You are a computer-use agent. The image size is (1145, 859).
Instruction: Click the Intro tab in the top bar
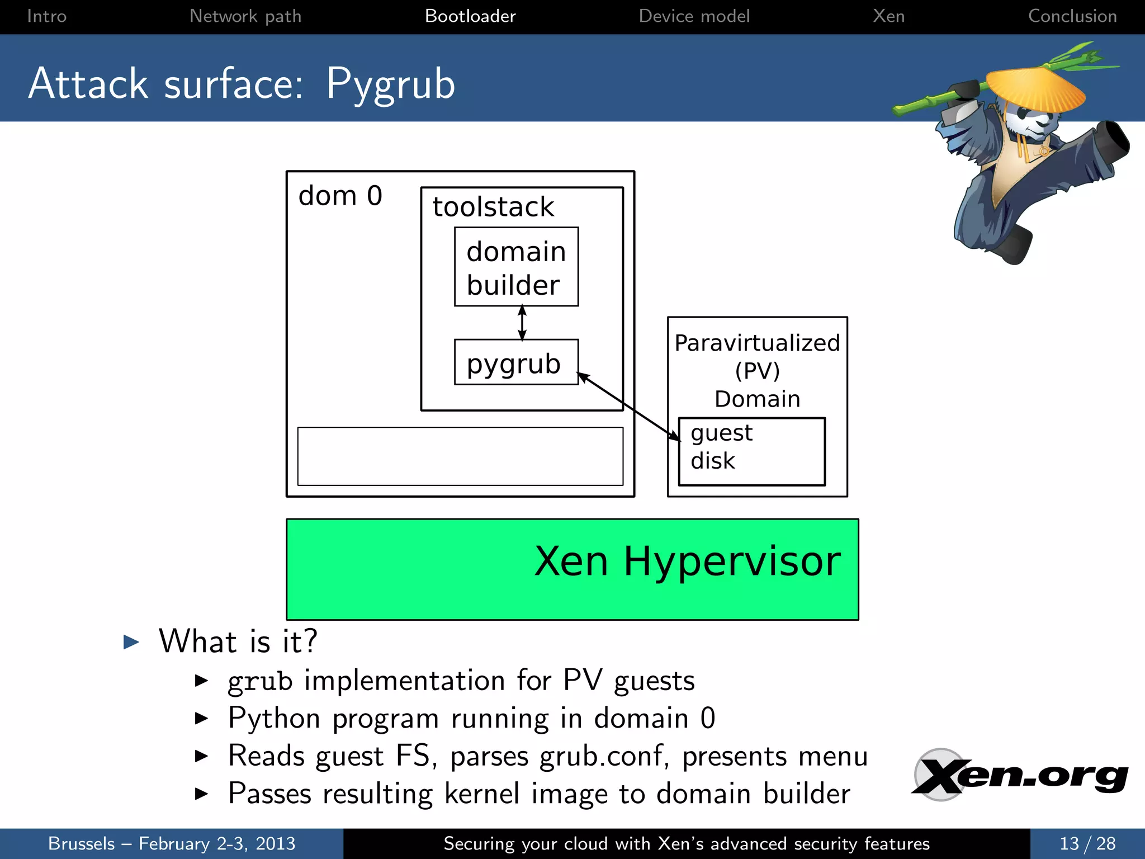coord(47,16)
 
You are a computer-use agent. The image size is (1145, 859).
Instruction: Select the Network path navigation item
coord(245,16)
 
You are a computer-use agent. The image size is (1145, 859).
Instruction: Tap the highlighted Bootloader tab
coord(470,16)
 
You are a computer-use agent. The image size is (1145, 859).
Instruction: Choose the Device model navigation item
coord(694,16)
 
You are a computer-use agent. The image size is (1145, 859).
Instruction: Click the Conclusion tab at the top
coord(1072,16)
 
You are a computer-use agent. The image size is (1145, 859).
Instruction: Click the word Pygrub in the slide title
coord(390,84)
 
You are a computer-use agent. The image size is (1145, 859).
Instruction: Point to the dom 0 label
coord(340,196)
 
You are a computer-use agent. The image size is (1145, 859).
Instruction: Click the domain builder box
coord(516,267)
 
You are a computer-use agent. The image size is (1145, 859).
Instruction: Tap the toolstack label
coord(493,207)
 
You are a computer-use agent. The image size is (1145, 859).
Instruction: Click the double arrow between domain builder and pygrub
coord(522,323)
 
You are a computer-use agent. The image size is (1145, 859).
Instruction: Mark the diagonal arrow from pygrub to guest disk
coord(629,407)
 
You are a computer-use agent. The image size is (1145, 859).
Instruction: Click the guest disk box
coord(751,451)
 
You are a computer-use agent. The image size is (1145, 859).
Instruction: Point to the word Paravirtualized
coord(757,343)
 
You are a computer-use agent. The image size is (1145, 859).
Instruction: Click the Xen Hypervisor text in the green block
coord(687,561)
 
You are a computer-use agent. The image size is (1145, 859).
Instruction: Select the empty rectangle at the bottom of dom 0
coord(460,456)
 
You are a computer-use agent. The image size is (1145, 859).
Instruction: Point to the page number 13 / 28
coord(1087,843)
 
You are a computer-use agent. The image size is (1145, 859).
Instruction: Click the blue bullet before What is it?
coord(131,641)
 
